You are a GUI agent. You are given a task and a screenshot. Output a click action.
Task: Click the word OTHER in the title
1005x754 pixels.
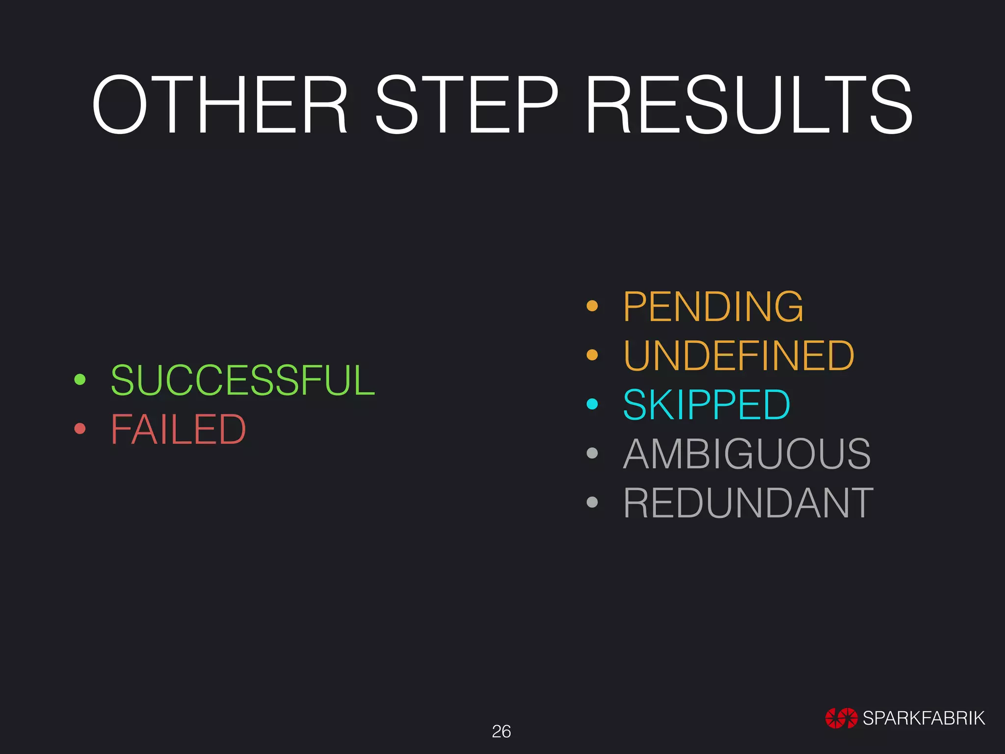(220, 105)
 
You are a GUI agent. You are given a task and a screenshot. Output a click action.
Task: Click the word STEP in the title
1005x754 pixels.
(467, 105)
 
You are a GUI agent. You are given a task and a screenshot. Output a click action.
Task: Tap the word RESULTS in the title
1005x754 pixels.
(749, 105)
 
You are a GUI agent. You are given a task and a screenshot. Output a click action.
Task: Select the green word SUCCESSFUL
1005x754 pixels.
(243, 380)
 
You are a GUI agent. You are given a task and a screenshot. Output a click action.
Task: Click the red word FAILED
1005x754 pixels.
(178, 429)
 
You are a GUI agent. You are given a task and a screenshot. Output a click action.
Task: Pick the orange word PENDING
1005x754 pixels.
(713, 306)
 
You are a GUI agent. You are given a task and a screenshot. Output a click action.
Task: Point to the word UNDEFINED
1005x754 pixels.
(739, 355)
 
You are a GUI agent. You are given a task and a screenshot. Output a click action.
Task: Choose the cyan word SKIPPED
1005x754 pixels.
(707, 404)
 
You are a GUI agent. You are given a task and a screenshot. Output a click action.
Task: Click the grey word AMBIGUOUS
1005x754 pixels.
(747, 454)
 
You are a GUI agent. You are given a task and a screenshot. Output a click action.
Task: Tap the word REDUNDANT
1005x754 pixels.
(748, 503)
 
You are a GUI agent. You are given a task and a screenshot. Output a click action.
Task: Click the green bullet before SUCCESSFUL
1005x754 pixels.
(80, 379)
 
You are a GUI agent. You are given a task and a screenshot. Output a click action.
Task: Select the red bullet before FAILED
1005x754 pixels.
(80, 429)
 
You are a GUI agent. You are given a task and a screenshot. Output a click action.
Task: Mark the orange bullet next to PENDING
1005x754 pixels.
(592, 306)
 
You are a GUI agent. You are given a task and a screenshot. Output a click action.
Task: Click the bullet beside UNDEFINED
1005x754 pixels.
(592, 355)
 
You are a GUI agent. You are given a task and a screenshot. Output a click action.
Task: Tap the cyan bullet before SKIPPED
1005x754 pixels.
(592, 404)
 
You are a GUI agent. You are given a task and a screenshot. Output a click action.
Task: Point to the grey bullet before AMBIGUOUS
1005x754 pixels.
(592, 453)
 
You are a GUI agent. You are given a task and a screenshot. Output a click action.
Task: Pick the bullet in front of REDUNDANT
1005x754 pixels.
(592, 502)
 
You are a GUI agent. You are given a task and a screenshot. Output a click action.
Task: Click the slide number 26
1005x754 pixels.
(501, 731)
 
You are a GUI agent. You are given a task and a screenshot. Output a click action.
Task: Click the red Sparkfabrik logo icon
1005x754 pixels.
(841, 718)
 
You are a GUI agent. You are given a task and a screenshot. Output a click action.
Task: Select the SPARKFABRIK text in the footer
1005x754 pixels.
(924, 718)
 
